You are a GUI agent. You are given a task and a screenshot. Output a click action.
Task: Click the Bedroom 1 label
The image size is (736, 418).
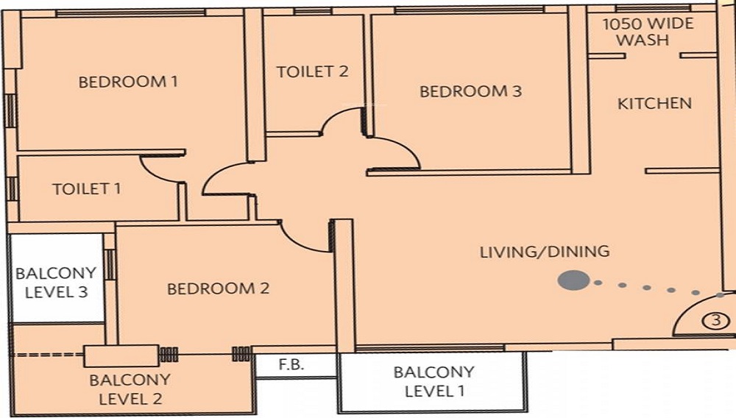(x=128, y=82)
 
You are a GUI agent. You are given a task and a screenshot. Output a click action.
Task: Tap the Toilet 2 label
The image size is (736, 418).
(x=313, y=72)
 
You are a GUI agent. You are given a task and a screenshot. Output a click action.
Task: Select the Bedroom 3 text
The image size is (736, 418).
(x=470, y=91)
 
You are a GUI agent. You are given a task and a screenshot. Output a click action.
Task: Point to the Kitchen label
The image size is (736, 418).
(x=654, y=103)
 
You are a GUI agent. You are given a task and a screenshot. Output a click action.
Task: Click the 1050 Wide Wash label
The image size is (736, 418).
(x=648, y=32)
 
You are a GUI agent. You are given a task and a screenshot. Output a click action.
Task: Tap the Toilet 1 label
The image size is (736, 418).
(x=86, y=189)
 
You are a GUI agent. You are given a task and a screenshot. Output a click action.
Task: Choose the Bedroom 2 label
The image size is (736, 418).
(x=219, y=288)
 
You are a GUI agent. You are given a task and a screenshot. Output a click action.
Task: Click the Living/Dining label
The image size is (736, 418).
(x=545, y=252)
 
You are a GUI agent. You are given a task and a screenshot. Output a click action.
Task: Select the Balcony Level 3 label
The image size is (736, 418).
(x=57, y=283)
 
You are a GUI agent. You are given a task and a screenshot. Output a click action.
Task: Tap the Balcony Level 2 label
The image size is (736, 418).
(x=130, y=389)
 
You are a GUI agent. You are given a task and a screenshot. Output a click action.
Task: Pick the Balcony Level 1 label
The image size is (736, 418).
(x=434, y=381)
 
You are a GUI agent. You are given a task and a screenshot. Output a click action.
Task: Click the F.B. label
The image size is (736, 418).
(x=291, y=364)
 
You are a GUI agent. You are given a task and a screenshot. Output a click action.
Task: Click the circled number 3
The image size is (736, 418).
(x=716, y=321)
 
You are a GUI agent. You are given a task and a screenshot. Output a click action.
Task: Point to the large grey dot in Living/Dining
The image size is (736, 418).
(x=573, y=280)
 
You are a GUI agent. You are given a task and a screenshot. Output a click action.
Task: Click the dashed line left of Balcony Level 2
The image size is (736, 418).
(x=47, y=354)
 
